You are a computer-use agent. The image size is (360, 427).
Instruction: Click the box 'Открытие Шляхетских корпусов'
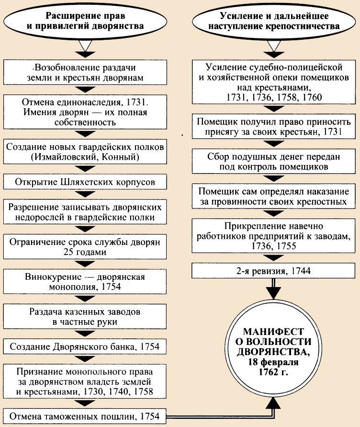(x=85, y=183)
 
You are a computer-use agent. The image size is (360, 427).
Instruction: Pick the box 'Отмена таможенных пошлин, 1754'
(x=85, y=415)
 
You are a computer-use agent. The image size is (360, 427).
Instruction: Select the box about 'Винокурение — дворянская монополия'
(x=85, y=282)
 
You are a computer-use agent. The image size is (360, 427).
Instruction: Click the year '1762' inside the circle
(x=265, y=372)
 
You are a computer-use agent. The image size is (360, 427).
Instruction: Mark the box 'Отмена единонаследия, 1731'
(x=85, y=112)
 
